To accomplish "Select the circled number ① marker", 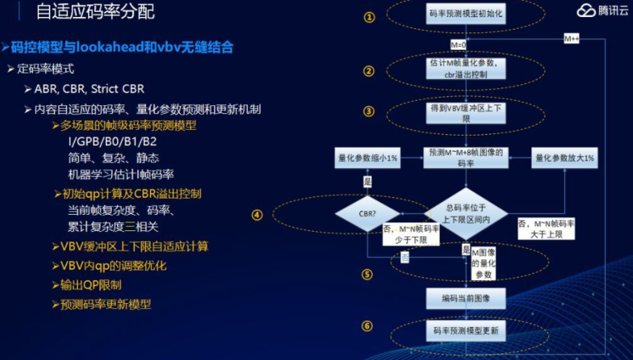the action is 369,17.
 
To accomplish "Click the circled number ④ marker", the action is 257,215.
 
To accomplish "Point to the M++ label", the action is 571,38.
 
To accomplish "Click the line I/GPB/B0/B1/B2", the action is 112,141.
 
